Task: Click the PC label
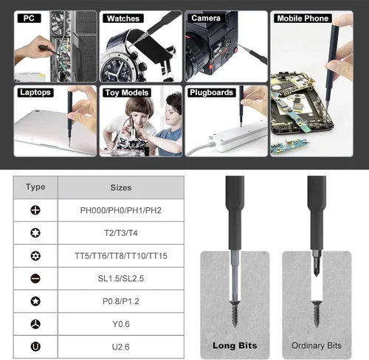tap(29, 18)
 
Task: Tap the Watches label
tap(123, 18)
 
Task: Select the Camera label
tap(206, 18)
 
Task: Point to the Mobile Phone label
tap(303, 18)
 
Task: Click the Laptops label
tap(35, 92)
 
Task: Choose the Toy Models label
tap(127, 93)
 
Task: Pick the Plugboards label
tap(211, 92)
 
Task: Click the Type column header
tap(35, 187)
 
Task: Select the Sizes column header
tap(121, 187)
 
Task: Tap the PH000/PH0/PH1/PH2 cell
tap(121, 210)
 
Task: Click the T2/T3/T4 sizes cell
tap(121, 233)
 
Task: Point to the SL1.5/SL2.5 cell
tap(121, 279)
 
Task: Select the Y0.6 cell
tap(121, 324)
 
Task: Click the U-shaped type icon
tap(35, 347)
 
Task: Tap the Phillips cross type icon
tap(35, 210)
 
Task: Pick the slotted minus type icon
tap(35, 279)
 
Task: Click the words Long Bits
tap(235, 345)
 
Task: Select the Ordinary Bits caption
tap(317, 346)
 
